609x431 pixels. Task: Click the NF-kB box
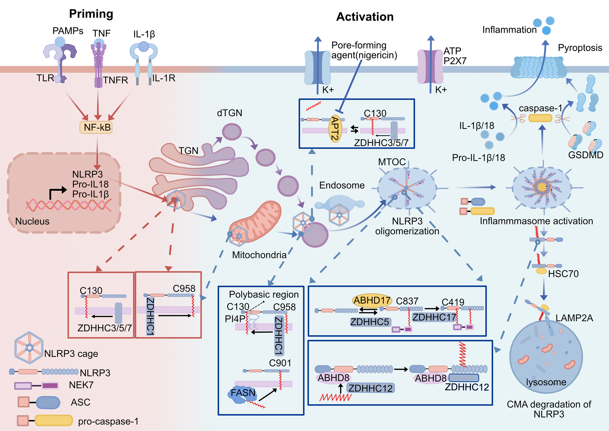[96, 128]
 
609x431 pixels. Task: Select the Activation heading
[365, 17]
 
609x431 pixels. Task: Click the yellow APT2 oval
[335, 128]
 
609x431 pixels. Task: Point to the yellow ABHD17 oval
[372, 300]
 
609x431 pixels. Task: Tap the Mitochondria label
[259, 255]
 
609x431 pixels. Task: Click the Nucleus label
[32, 221]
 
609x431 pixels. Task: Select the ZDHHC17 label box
[434, 317]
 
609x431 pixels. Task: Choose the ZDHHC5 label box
[370, 322]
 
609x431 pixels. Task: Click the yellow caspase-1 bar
[540, 118]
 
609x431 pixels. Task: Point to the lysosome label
[546, 382]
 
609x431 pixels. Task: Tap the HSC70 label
[563, 274]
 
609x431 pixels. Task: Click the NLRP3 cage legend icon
[29, 348]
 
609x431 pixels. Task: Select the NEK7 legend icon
[36, 385]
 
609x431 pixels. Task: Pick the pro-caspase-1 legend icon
[45, 421]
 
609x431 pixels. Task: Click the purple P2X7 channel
[430, 67]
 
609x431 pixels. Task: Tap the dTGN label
[229, 113]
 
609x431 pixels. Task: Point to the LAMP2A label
[574, 318]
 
